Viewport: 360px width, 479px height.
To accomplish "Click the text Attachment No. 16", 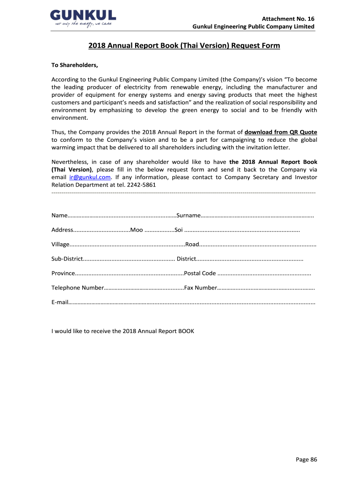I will pyautogui.click(x=288, y=19).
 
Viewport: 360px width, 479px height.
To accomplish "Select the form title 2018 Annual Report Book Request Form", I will pyautogui.click(x=184, y=45).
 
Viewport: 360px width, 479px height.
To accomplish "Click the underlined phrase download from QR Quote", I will pyautogui.click(x=281, y=132).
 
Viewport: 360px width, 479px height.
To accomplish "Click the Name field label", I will pyautogui.click(x=59, y=215).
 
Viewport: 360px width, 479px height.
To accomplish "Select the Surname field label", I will pyautogui.click(x=188, y=215).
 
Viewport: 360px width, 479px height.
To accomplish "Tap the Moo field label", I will pyautogui.click(x=137, y=230).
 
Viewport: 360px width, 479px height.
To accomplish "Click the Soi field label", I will pyautogui.click(x=179, y=230).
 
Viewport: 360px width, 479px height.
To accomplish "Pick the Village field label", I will pyautogui.click(x=60, y=244).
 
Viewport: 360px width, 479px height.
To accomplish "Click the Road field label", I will pyautogui.click(x=192, y=244).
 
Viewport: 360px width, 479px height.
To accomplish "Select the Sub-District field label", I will pyautogui.click(x=67, y=259).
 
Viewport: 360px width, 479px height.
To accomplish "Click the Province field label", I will pyautogui.click(x=63, y=273).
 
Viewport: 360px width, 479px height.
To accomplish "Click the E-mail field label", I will pyautogui.click(x=60, y=302).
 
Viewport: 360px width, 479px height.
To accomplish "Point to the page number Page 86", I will pyautogui.click(x=307, y=459).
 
